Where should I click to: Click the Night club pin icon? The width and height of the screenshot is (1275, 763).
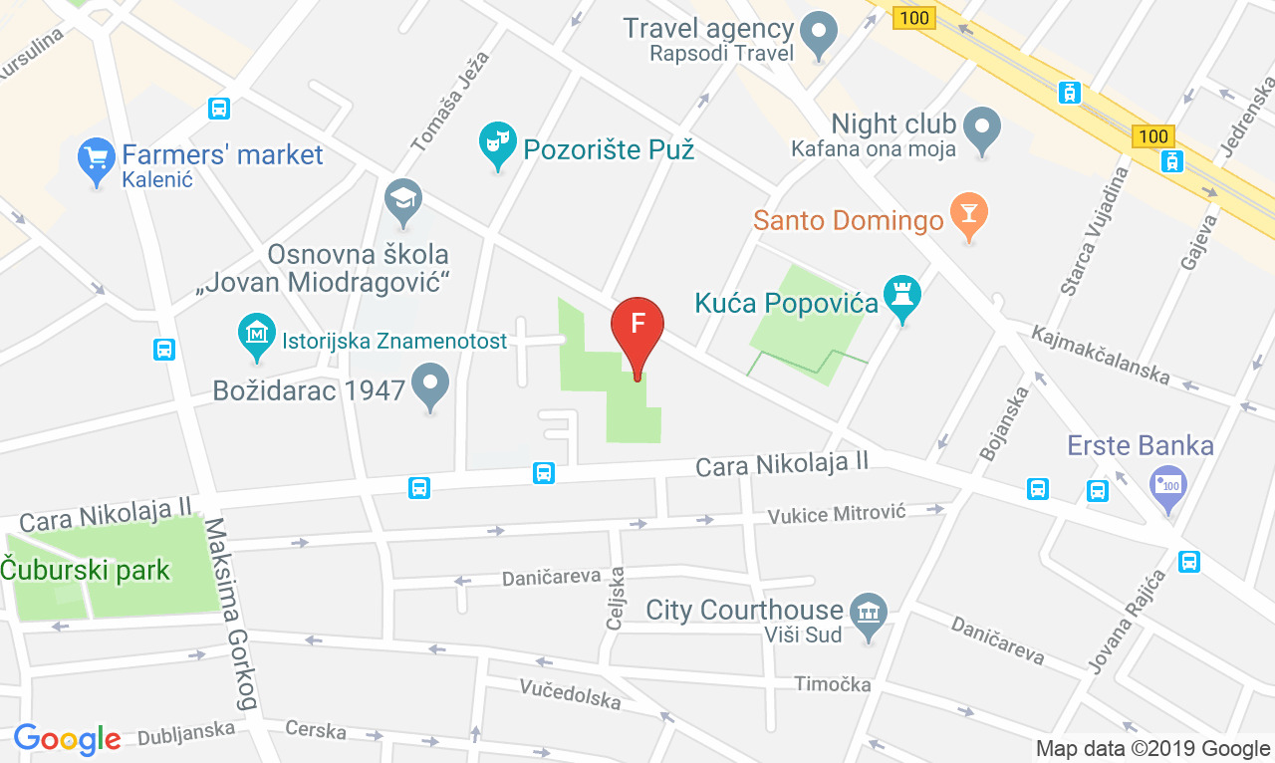point(983,127)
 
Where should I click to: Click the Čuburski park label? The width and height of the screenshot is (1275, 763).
point(86,571)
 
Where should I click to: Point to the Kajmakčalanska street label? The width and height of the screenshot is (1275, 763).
point(1100,355)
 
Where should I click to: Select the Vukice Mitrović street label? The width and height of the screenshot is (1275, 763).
point(836,514)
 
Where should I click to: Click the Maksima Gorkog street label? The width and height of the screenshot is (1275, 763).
point(230,614)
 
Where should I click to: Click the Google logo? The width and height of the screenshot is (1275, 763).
point(67,738)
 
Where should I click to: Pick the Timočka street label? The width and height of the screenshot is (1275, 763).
point(833,684)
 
